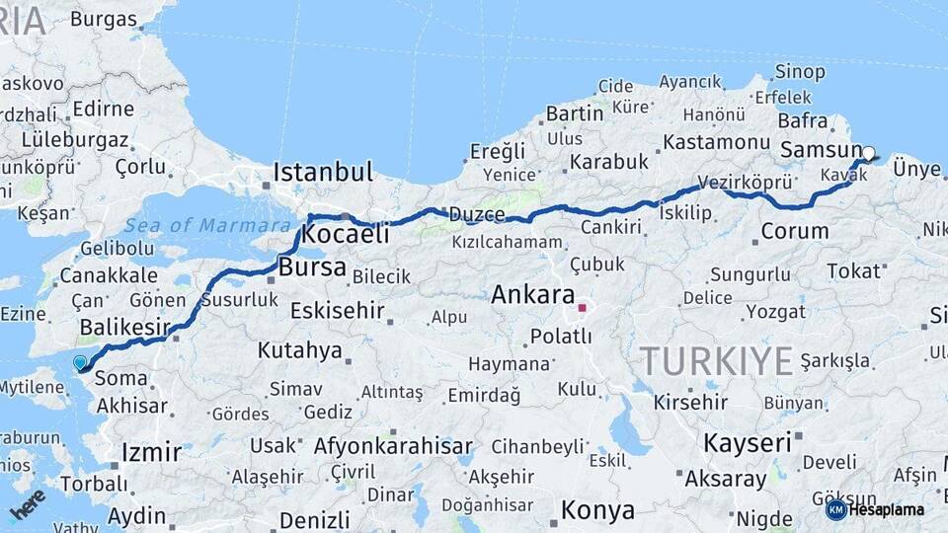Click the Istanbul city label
pyautogui.click(x=323, y=172)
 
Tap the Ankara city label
pyautogui.click(x=532, y=294)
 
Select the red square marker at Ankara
pyautogui.click(x=582, y=308)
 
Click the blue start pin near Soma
pyautogui.click(x=80, y=362)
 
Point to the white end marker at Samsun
pyautogui.click(x=869, y=153)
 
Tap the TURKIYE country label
pyautogui.click(x=716, y=361)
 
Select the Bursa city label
pyautogui.click(x=312, y=266)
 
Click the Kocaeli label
pyautogui.click(x=345, y=235)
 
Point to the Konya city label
pyautogui.click(x=597, y=510)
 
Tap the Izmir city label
pyautogui.click(x=151, y=452)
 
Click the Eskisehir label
pyautogui.click(x=337, y=311)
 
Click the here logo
pyautogui.click(x=28, y=504)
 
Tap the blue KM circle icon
pyautogui.click(x=835, y=509)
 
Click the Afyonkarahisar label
pyautogui.click(x=393, y=446)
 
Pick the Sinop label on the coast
pyautogui.click(x=800, y=71)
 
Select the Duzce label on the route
pyautogui.click(x=477, y=214)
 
